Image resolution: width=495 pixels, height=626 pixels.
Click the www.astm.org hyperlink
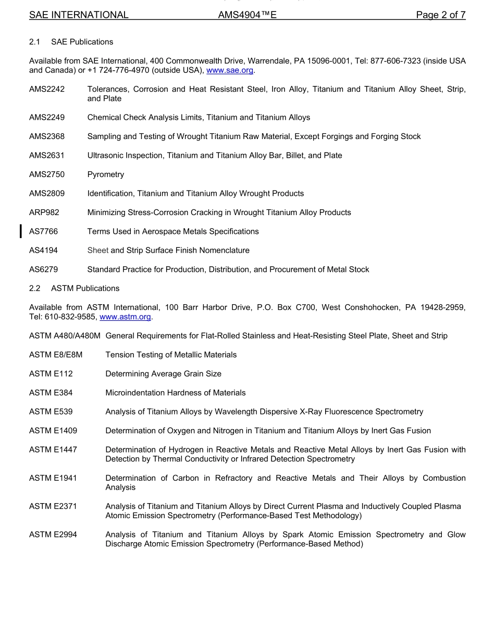click(125, 317)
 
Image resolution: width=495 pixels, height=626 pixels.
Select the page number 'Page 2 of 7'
click(440, 15)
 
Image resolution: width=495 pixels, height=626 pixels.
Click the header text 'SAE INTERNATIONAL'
click(79, 15)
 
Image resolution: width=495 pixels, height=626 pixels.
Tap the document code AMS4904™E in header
click(247, 15)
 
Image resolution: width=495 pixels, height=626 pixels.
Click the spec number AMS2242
click(47, 89)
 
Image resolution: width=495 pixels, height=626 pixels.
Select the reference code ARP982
click(44, 212)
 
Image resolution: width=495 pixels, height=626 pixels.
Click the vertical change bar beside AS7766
click(20, 231)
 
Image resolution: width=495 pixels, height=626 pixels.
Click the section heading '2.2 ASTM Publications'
click(75, 289)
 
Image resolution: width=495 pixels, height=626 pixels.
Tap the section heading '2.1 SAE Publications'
click(71, 42)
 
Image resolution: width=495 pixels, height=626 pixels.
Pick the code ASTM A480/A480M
click(65, 336)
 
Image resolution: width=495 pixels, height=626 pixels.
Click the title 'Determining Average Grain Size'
click(163, 374)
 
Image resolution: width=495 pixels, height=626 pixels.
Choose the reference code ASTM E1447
click(53, 449)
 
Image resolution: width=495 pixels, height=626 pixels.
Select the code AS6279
click(43, 269)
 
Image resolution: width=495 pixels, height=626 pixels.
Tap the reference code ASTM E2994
click(53, 535)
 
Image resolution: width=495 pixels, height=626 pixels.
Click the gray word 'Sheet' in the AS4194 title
click(98, 251)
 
